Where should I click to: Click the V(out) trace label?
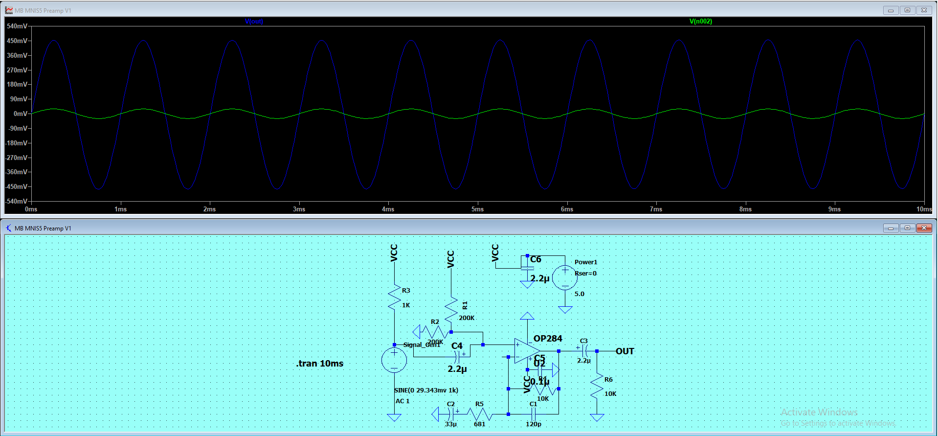point(254,22)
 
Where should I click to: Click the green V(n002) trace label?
point(700,22)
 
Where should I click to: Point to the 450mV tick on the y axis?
point(17,41)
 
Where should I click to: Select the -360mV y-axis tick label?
point(17,172)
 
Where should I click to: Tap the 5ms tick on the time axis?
point(477,209)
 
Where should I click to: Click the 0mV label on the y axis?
point(21,114)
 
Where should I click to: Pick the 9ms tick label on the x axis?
point(834,209)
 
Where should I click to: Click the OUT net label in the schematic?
point(625,351)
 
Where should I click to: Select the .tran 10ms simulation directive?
point(320,364)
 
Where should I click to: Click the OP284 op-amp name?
point(548,339)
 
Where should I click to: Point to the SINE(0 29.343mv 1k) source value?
point(426,390)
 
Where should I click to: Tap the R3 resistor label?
point(406,291)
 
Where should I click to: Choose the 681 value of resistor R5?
point(479,424)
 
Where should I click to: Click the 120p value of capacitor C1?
point(533,424)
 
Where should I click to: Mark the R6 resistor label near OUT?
point(608,380)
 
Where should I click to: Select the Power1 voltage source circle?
point(565,277)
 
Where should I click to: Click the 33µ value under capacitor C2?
point(451,424)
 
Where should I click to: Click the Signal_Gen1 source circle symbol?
point(394,360)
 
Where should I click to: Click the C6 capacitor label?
point(536,259)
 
